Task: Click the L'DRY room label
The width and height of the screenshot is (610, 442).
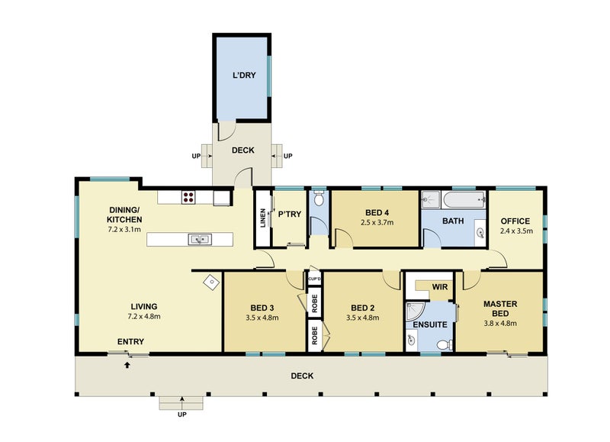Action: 244,75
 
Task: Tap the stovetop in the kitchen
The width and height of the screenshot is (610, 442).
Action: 188,197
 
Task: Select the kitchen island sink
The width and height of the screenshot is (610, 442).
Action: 200,239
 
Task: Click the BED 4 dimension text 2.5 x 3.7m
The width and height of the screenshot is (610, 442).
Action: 377,223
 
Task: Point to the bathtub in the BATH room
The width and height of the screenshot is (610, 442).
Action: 465,200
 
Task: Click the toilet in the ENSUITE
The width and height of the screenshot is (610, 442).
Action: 445,344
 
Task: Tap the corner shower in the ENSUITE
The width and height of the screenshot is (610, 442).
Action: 413,311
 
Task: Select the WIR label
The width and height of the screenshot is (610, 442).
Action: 440,287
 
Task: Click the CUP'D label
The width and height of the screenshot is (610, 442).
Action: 314,279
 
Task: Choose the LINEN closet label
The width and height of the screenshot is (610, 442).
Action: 263,218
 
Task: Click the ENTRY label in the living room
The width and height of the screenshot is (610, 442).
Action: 130,341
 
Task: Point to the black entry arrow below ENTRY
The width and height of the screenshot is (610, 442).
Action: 127,365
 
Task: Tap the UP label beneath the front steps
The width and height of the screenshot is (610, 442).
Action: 182,415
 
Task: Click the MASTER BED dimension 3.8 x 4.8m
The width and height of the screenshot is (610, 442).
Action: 500,323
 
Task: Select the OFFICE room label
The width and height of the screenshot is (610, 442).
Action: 515,221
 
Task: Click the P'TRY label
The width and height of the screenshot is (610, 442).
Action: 290,215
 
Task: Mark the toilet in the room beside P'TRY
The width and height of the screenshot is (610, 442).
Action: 319,198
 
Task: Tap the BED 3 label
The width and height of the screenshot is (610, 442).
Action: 262,308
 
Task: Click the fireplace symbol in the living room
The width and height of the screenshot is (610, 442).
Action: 211,282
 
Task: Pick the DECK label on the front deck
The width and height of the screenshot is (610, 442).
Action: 302,376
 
